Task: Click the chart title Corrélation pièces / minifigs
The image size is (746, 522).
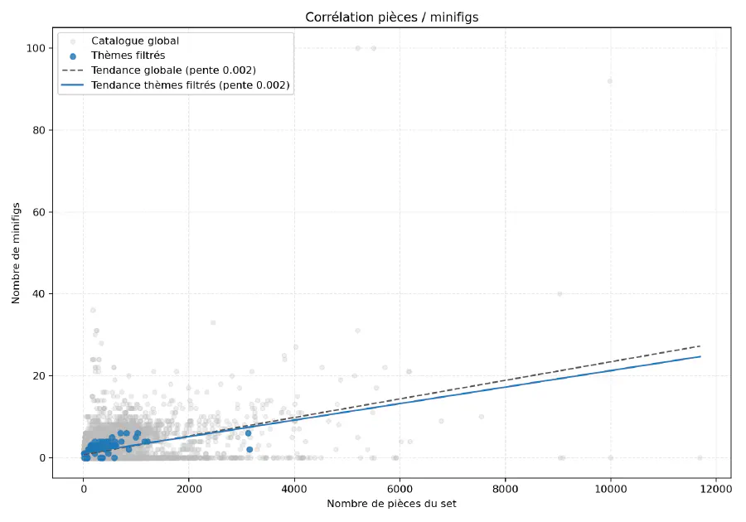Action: (391, 17)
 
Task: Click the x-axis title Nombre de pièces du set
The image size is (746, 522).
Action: (391, 504)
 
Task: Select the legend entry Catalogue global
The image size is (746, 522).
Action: (134, 41)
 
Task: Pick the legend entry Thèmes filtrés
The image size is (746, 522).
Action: (128, 56)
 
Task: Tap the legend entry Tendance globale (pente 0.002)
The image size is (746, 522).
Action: (173, 70)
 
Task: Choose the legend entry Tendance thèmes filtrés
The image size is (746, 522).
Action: (190, 85)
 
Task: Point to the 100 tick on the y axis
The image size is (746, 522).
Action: (35, 48)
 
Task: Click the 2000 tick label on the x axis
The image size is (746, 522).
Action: (189, 488)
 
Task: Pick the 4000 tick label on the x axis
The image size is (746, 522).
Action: (294, 488)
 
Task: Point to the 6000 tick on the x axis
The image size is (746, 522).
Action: (400, 488)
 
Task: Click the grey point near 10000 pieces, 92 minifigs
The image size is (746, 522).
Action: (609, 81)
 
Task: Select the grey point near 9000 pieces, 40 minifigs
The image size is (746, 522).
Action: (559, 294)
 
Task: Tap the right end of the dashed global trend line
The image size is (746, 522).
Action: (700, 346)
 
